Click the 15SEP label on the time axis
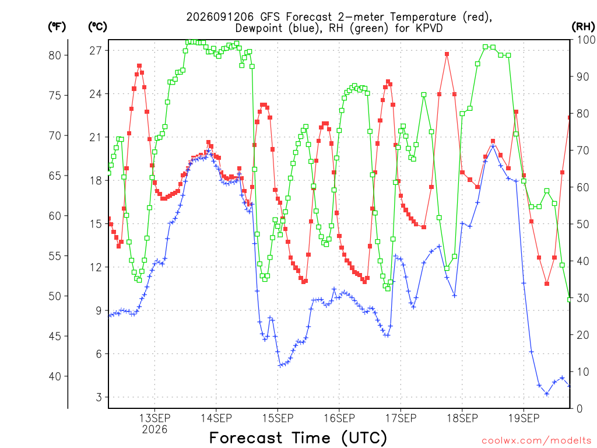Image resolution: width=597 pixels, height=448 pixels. point(278,418)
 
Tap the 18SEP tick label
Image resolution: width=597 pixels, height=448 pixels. point(462,418)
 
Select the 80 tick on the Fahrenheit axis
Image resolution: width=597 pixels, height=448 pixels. point(55,55)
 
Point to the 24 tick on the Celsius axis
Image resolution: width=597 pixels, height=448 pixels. point(96,94)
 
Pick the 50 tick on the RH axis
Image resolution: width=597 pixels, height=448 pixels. point(583,224)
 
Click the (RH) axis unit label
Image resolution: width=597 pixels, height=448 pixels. point(583,26)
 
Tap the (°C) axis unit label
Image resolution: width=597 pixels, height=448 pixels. point(97,26)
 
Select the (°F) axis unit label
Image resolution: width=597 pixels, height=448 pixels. point(57,26)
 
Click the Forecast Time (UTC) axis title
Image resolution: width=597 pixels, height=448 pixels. point(298,437)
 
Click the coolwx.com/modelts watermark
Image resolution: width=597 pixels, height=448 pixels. point(536,441)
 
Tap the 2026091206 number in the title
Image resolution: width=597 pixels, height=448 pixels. point(220,17)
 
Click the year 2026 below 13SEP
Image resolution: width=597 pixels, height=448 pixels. point(154,430)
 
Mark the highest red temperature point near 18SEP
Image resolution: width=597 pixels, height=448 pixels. point(447,54)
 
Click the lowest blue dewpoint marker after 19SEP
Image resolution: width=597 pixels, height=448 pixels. point(547,394)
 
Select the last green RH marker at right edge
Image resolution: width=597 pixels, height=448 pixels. point(569,300)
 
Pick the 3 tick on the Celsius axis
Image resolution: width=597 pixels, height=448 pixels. point(99,397)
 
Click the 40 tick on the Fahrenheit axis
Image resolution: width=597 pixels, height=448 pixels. point(55,376)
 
